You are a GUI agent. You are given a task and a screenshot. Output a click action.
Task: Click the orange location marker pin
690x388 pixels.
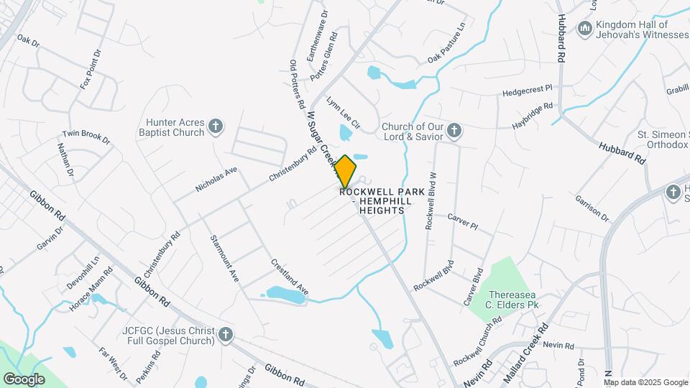coord(345,172)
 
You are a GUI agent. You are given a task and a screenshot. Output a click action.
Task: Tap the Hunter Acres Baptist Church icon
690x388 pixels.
coord(215,128)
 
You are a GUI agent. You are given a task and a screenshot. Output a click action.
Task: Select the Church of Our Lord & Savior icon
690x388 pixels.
coord(454,131)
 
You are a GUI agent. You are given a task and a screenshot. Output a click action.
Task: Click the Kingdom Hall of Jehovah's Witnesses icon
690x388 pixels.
coord(585,29)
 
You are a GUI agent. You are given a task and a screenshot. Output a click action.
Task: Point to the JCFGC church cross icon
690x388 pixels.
coord(226,335)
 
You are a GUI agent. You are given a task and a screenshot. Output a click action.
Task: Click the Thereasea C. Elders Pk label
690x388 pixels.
coord(513,300)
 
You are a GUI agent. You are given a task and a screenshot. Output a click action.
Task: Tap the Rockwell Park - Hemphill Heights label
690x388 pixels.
coord(377,201)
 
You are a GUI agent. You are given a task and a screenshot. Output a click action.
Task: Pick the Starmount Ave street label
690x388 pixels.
coord(224,257)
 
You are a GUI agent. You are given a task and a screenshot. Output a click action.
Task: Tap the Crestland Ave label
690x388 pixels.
coord(289,277)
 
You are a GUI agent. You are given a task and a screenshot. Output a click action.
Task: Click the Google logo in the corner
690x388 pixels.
coord(24,379)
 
